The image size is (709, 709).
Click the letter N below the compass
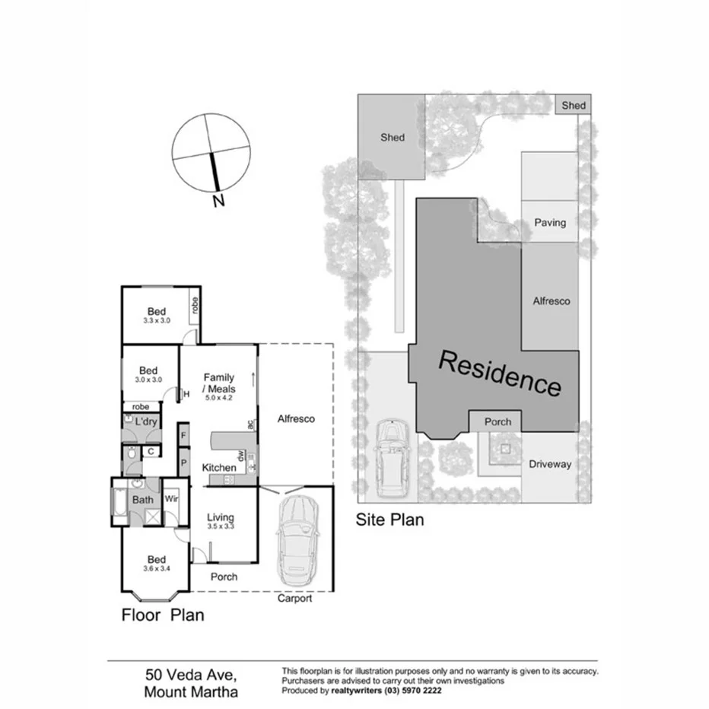(218, 202)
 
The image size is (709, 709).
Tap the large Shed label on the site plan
(393, 138)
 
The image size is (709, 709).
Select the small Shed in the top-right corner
(574, 105)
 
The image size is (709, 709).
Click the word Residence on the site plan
(501, 374)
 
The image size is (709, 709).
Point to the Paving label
(549, 223)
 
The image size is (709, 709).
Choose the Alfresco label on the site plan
(551, 301)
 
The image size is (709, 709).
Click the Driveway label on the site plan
(549, 464)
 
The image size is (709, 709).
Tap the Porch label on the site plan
(498, 421)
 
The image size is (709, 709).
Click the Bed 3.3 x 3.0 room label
(157, 316)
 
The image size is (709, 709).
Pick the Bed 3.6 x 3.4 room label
(157, 563)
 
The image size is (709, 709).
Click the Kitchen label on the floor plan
(218, 467)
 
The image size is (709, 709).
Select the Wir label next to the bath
(172, 500)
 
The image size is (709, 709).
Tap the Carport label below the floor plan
(294, 599)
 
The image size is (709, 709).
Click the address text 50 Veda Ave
(191, 675)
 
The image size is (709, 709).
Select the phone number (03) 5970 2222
(414, 692)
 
